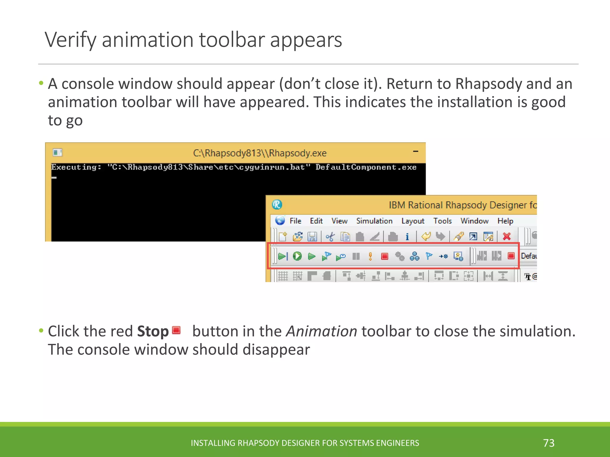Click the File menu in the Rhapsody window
[x=295, y=221]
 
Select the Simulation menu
[x=374, y=221]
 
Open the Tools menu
[x=442, y=221]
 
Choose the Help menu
[x=505, y=221]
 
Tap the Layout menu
[x=413, y=221]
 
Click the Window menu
[x=474, y=221]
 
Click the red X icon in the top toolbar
[x=507, y=237]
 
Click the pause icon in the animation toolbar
[x=356, y=256]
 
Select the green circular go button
[x=297, y=256]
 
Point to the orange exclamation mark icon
[x=370, y=256]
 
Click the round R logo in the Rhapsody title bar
[x=277, y=205]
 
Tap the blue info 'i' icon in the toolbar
[x=407, y=237]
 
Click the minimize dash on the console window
[x=416, y=151]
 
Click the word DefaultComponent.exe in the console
[x=366, y=167]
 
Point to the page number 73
[x=549, y=443]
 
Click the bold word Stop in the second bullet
[x=153, y=331]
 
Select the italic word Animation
[x=321, y=331]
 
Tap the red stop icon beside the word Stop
[x=176, y=330]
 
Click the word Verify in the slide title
[x=71, y=40]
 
